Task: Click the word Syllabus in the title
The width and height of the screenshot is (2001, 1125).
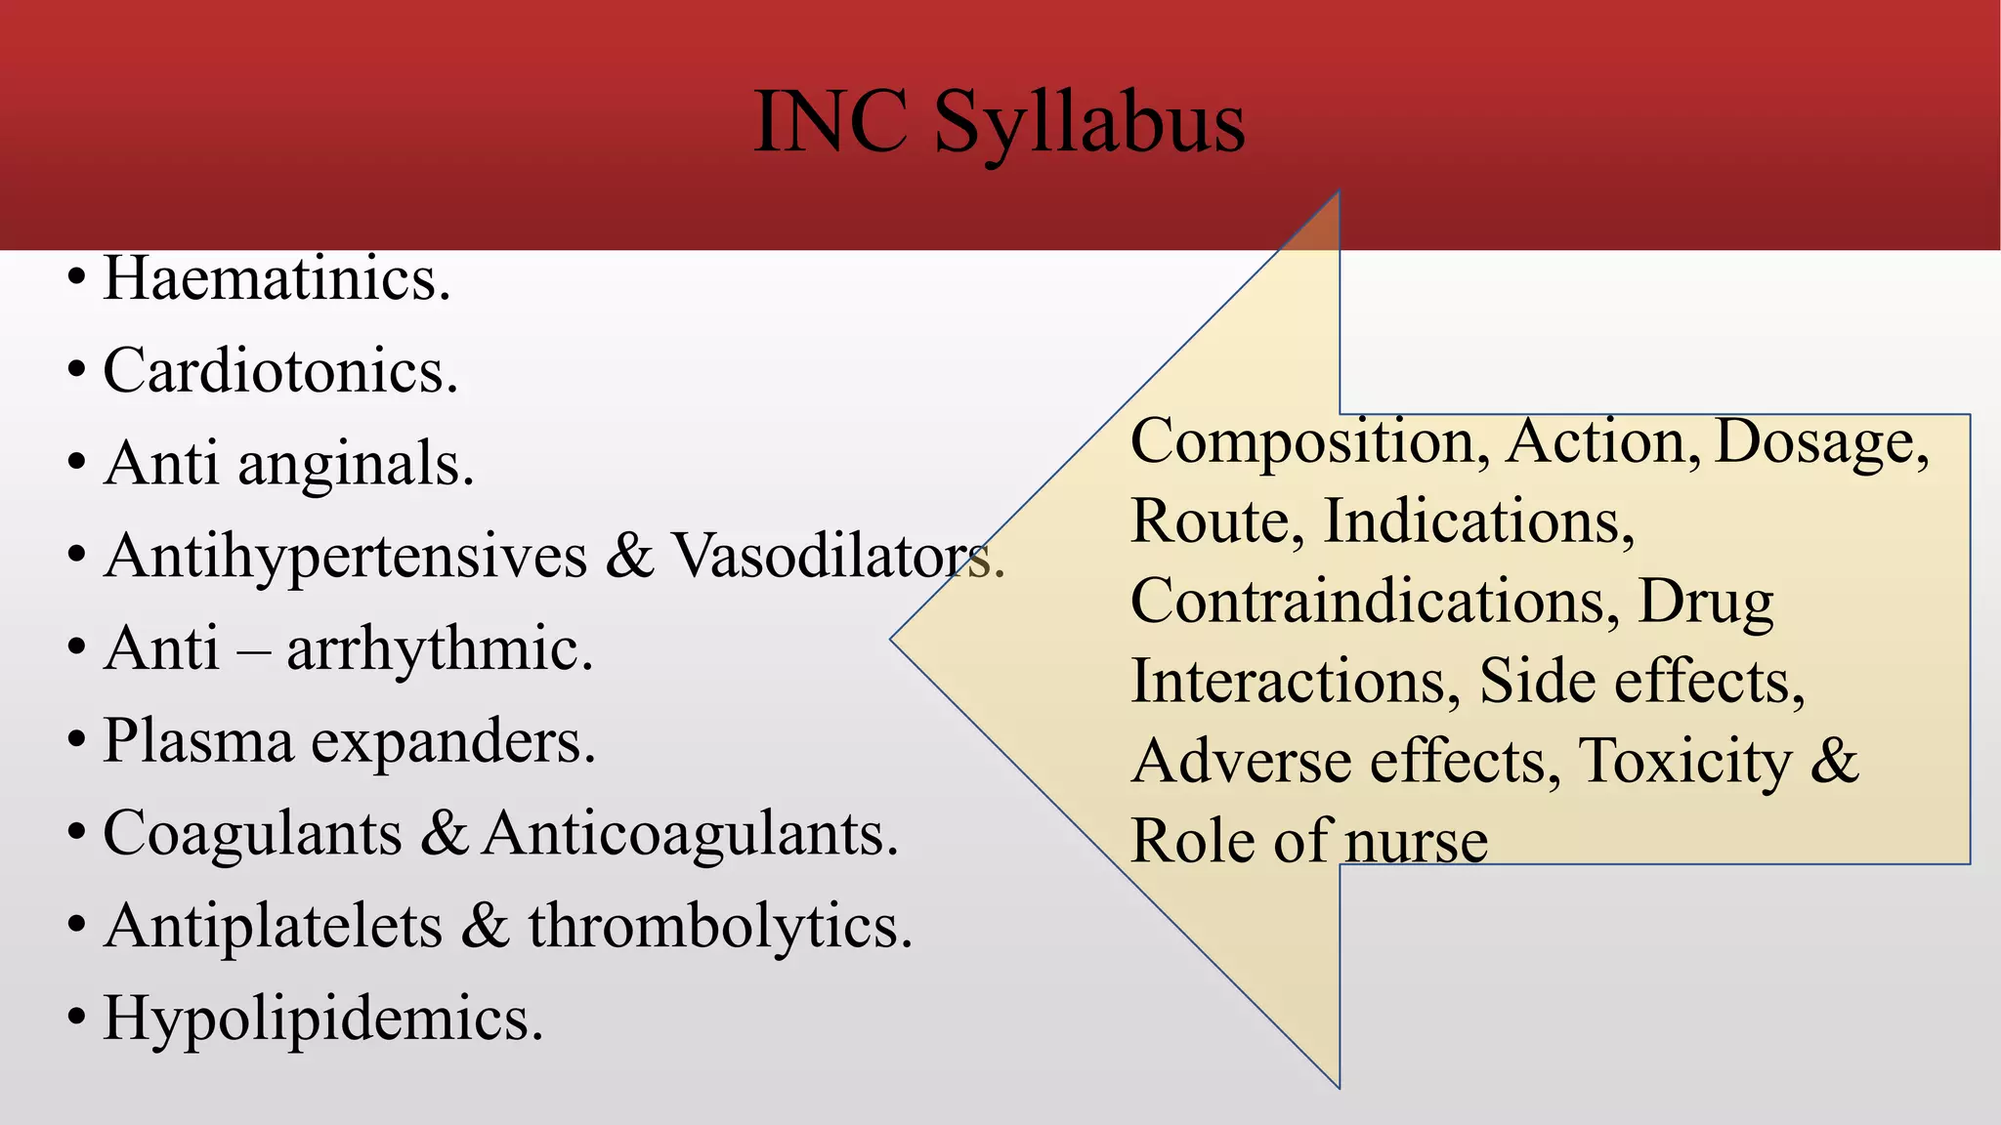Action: tap(1088, 124)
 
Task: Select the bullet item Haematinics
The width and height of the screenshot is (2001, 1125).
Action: tap(277, 279)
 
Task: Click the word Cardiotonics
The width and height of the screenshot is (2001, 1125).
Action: tap(280, 372)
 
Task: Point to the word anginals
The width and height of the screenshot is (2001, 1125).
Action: tap(356, 464)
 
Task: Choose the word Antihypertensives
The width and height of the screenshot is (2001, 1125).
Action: tap(346, 557)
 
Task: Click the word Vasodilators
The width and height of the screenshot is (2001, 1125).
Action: tap(838, 557)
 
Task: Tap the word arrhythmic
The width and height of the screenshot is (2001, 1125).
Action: tap(440, 648)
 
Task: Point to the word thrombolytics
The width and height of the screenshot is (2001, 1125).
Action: tap(720, 926)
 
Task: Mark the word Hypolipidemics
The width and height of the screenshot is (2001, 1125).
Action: tap(322, 1019)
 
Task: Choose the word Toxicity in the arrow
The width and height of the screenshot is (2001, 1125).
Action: tap(1685, 761)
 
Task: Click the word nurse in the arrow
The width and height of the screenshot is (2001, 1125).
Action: tap(1416, 841)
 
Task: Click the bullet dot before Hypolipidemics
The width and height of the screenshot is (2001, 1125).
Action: tap(76, 1019)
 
